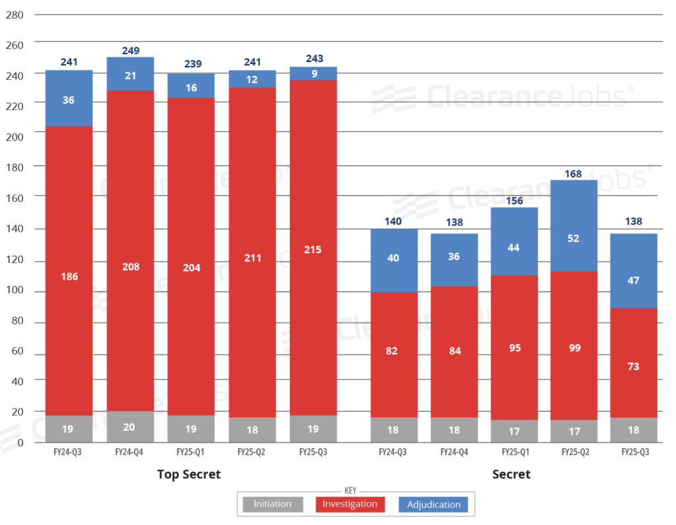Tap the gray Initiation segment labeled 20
(130, 427)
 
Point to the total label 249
(130, 50)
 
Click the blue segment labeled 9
(313, 73)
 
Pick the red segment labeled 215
(313, 249)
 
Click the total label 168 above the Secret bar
(574, 174)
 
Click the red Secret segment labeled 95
(514, 348)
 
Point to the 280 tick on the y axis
(15, 15)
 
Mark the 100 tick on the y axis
(15, 291)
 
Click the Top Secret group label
(189, 474)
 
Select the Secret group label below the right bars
(511, 474)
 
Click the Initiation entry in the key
(273, 505)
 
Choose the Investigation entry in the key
(350, 505)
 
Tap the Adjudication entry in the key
(433, 505)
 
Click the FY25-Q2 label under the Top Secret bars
(252, 452)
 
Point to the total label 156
(514, 202)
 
